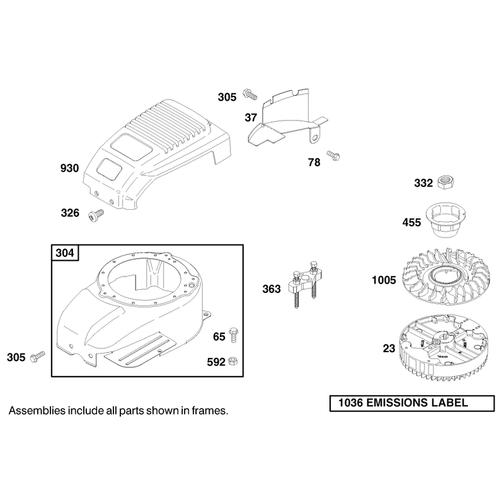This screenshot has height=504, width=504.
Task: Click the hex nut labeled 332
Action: [445, 183]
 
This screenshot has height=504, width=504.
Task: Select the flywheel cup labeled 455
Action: [446, 219]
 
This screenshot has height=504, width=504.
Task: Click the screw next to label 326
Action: [96, 215]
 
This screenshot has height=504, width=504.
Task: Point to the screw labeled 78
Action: [333, 156]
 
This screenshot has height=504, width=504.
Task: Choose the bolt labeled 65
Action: [233, 335]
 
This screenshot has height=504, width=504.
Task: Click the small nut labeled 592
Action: [232, 361]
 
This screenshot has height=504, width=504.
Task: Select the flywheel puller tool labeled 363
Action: [305, 283]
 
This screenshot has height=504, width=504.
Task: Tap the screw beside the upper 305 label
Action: [250, 94]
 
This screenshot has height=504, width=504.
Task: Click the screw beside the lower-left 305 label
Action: [38, 357]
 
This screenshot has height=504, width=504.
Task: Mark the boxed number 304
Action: [65, 253]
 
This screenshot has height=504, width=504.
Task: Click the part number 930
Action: [69, 168]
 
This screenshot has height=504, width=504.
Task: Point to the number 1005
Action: [384, 280]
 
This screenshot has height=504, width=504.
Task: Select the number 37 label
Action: [251, 118]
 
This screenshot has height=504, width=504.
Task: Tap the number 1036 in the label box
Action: [350, 403]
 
